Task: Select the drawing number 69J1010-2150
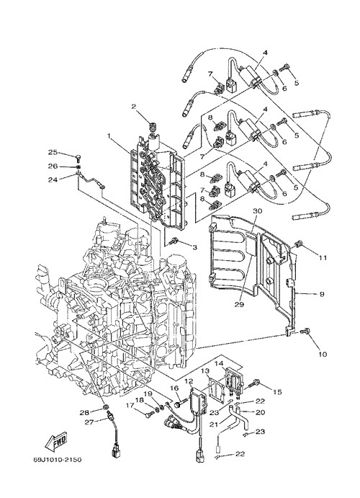(57, 459)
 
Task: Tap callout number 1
(109, 135)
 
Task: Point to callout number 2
(133, 107)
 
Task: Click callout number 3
(194, 246)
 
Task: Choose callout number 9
(322, 295)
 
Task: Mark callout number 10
(323, 355)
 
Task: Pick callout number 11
(323, 258)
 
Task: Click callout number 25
(53, 153)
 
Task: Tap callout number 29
(240, 304)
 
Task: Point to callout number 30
(257, 210)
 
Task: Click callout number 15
(277, 392)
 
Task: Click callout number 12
(189, 381)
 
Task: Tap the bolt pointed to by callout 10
(305, 332)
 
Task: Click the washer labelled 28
(104, 407)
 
